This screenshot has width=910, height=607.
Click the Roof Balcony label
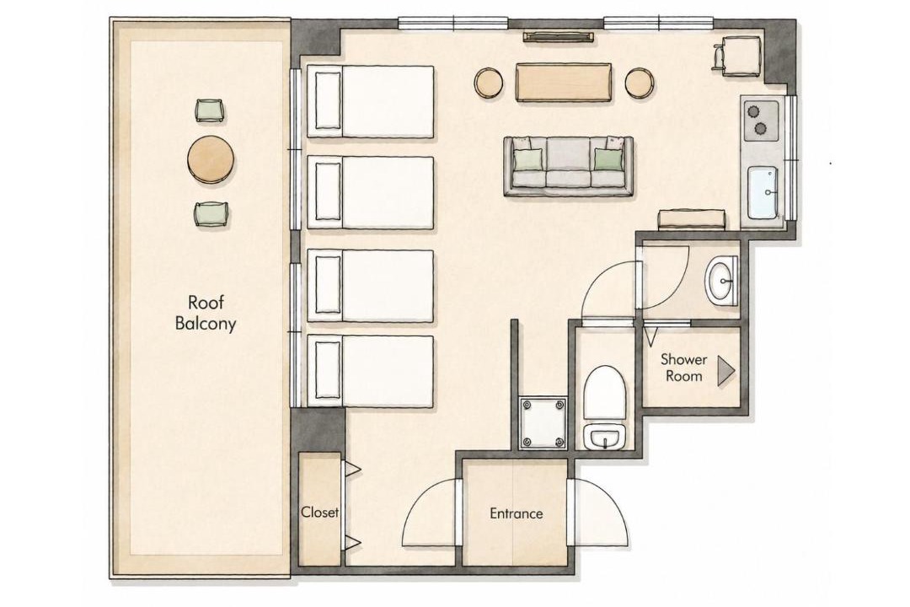pos(206,313)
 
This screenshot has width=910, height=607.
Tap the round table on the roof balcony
pos(211,159)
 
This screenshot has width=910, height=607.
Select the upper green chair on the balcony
pos(209,110)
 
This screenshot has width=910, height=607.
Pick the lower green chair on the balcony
pos(211,214)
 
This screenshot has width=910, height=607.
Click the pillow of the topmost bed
pos(328,102)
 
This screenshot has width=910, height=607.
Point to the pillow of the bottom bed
pos(328,371)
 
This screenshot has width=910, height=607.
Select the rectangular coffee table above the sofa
pos(564,83)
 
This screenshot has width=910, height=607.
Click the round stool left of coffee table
pos(489,83)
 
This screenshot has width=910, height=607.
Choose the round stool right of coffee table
pos(640,83)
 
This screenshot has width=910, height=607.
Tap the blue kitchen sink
pos(763,193)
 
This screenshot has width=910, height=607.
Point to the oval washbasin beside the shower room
pos(720,281)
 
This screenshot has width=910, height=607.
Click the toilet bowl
pos(605,393)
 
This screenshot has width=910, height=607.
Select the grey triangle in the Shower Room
pos(725,371)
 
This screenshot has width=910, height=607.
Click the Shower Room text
pos(683,368)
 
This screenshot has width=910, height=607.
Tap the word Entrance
pos(517,513)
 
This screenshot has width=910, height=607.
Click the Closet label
pos(320,513)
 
